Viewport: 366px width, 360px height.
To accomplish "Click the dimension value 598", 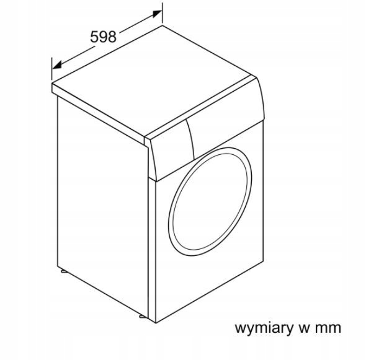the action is point(103,37).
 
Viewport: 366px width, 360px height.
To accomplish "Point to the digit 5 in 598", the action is point(94,37).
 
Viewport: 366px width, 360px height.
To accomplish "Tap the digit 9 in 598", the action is point(103,37).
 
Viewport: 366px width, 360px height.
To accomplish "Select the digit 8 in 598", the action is point(112,37).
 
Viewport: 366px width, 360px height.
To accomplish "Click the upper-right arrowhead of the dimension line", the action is point(158,14).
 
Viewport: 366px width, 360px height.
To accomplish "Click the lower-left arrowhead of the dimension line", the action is point(57,65).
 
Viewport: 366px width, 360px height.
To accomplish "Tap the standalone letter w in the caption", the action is point(304,328).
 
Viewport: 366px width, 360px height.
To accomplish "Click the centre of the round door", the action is point(210,201).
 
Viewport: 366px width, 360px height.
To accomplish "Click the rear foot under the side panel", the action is point(63,271).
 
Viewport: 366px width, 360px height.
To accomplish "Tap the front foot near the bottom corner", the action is point(142,317).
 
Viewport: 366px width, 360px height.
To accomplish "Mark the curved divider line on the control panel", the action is point(192,139).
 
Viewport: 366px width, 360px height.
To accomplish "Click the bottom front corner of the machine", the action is point(156,323).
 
